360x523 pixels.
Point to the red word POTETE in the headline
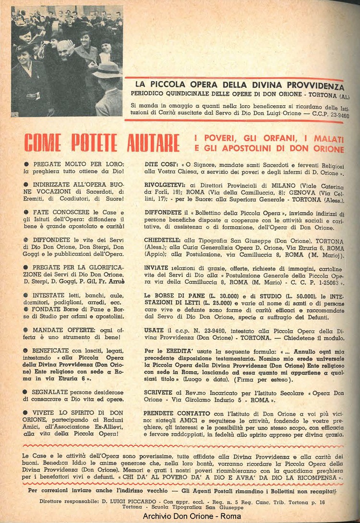88,143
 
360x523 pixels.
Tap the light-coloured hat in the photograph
107,71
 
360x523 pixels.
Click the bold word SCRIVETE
161,392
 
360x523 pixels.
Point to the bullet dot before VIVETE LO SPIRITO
25,413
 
